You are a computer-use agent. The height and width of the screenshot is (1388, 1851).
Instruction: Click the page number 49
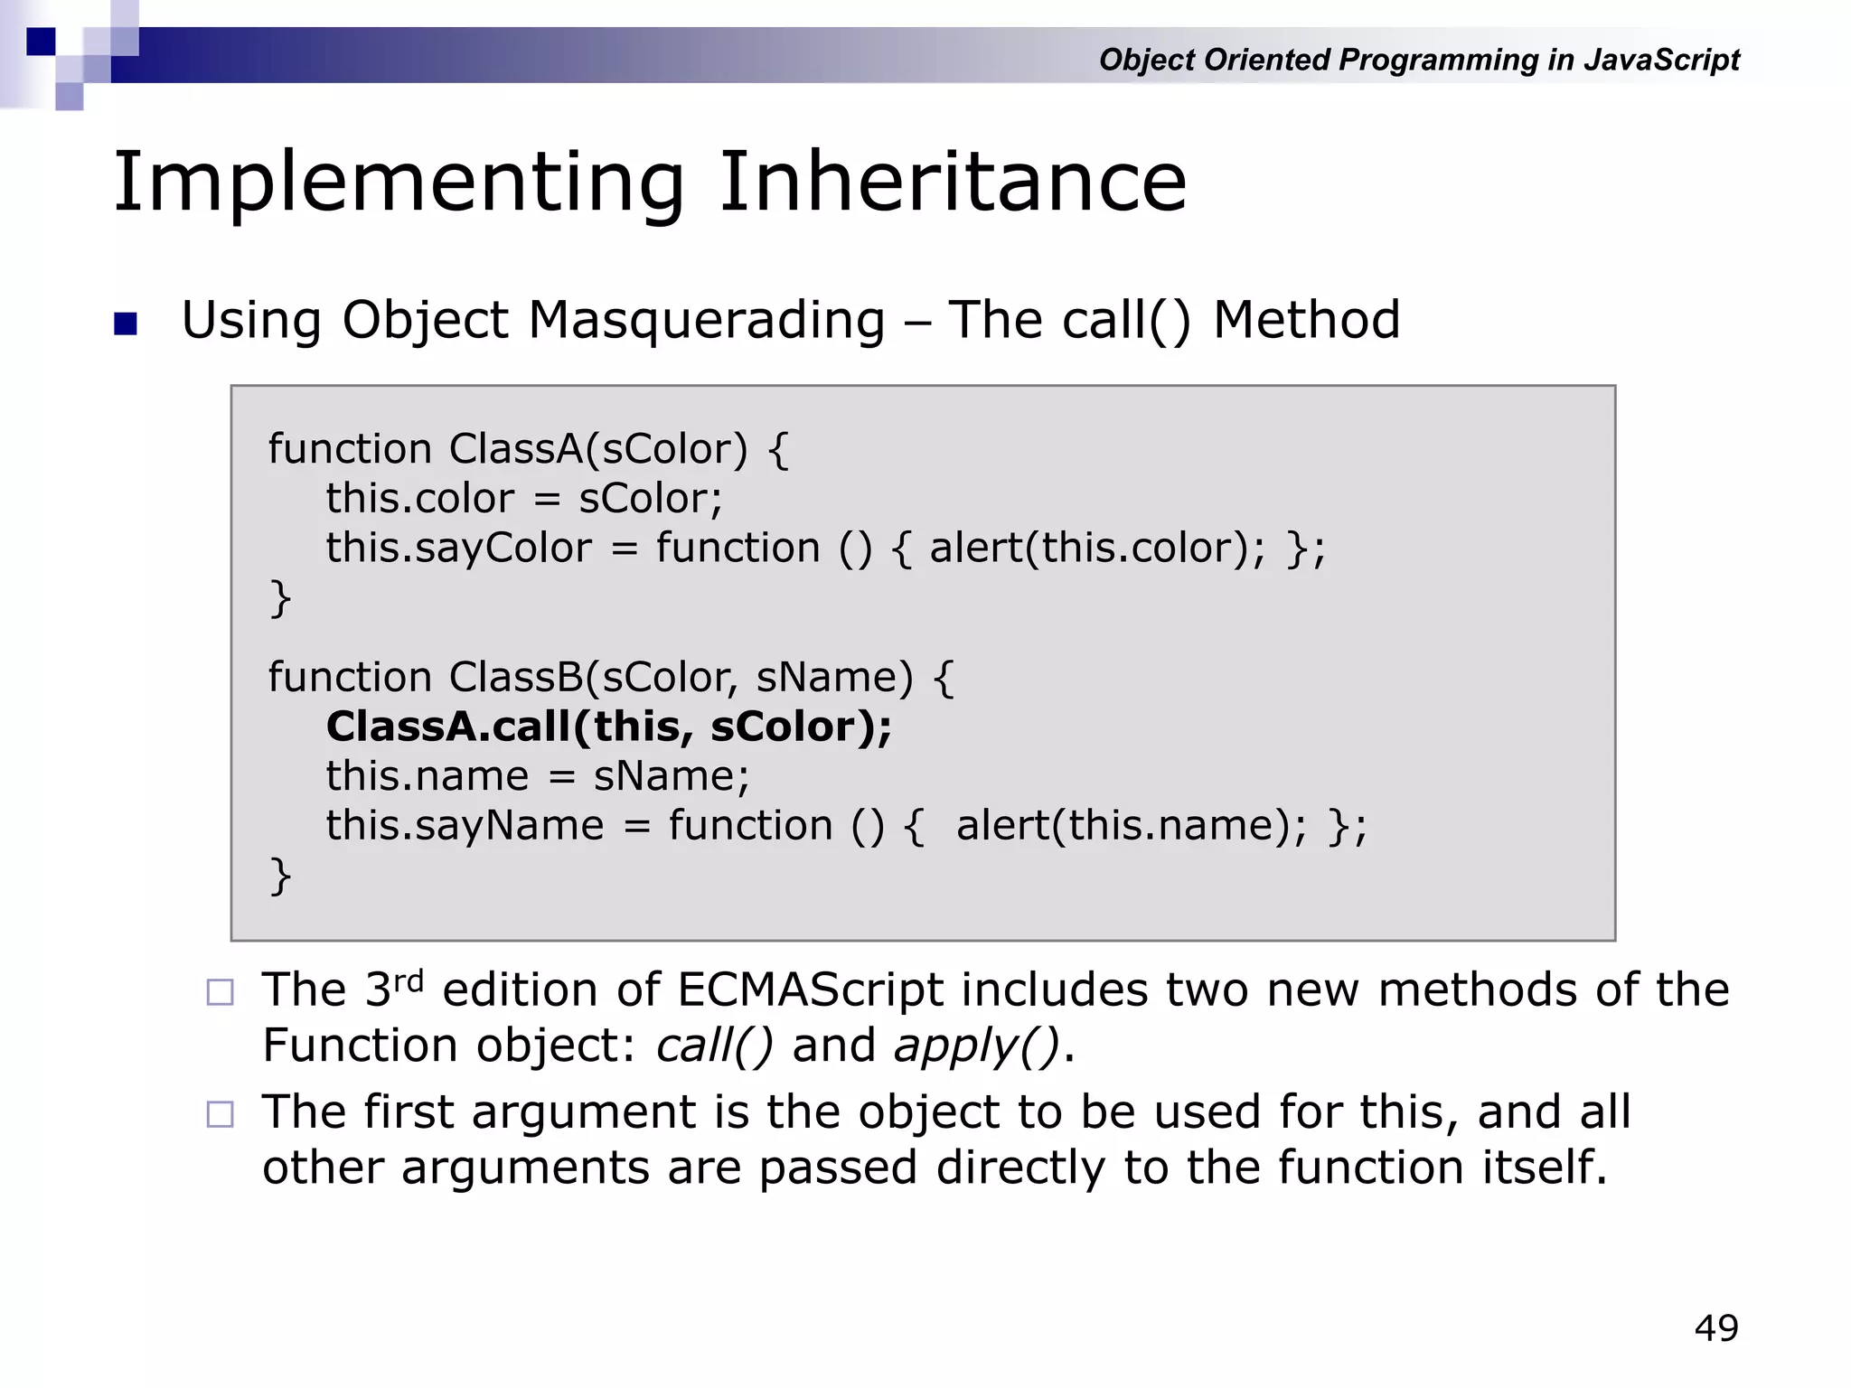point(1715,1328)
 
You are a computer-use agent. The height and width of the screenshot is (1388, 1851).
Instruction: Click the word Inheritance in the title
point(953,183)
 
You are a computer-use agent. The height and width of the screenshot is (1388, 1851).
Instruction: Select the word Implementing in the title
point(399,184)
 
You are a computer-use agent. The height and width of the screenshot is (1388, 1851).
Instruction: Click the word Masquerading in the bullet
point(706,321)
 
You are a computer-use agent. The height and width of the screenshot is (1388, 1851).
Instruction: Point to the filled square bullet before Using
point(126,324)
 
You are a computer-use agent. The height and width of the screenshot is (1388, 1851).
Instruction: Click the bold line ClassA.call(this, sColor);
point(608,727)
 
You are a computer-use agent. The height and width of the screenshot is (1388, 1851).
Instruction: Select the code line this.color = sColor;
point(524,499)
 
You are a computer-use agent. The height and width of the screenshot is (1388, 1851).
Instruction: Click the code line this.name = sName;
point(538,776)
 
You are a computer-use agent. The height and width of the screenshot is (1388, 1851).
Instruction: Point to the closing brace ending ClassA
point(280,598)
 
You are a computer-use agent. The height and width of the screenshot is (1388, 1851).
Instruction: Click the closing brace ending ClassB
point(280,876)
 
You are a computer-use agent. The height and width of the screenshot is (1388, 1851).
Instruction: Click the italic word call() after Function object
point(714,1046)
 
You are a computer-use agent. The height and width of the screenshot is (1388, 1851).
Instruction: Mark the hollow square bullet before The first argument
point(220,1114)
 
